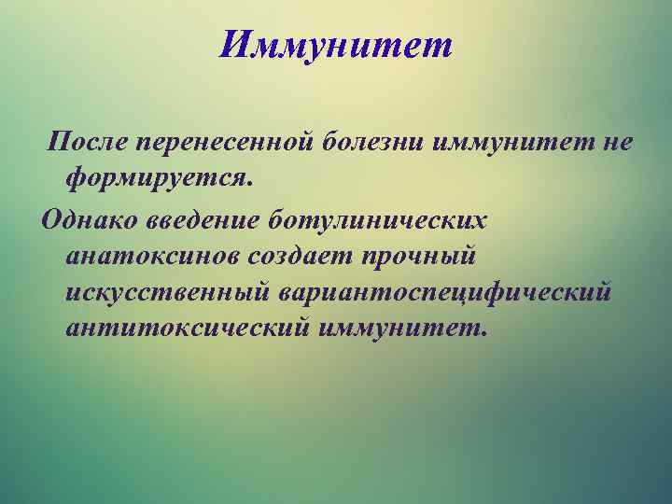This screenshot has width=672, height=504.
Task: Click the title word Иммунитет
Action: click(335, 44)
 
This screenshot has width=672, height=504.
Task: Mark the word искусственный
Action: click(168, 292)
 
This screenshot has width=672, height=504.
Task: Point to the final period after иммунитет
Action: click(483, 335)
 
